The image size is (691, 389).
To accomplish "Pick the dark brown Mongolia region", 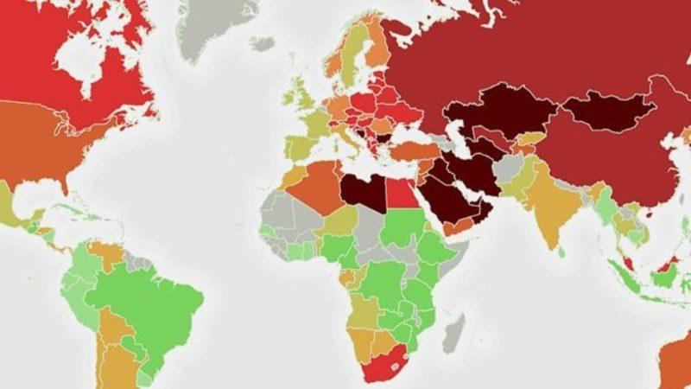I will coord(610,112).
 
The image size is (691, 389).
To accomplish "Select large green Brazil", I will coord(155,298).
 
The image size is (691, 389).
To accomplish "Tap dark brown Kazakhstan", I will coord(492,112).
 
